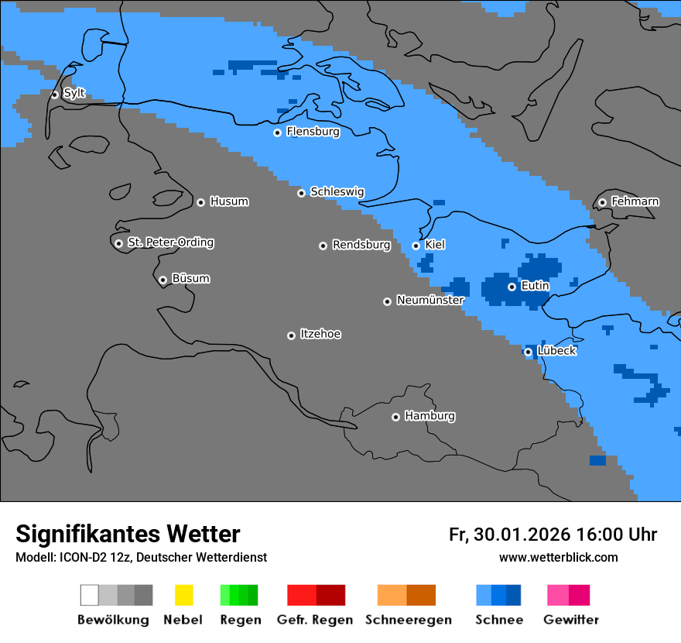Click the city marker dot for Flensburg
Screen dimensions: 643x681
coord(277,132)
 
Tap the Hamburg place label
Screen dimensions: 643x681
coord(429,416)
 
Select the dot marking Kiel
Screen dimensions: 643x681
coord(416,246)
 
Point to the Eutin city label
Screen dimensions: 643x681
coord(535,286)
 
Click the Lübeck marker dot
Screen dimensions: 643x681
coord(528,352)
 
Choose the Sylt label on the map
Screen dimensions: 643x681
coord(74,94)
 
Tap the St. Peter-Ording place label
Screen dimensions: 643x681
coord(170,242)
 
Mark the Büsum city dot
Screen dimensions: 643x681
coord(163,280)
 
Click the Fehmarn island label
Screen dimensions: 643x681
coord(635,201)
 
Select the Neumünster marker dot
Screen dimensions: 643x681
coord(387,301)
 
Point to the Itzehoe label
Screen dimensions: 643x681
coord(320,334)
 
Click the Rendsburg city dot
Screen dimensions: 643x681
coord(323,246)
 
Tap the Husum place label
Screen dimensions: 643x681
coord(229,201)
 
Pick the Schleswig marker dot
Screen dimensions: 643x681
coord(301,193)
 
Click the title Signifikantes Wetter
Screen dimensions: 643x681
coord(128,534)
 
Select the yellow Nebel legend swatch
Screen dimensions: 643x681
coord(183,595)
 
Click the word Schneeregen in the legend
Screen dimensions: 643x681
coord(408,620)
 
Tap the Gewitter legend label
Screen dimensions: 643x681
coord(570,620)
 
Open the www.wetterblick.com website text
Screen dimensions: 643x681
coord(558,557)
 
